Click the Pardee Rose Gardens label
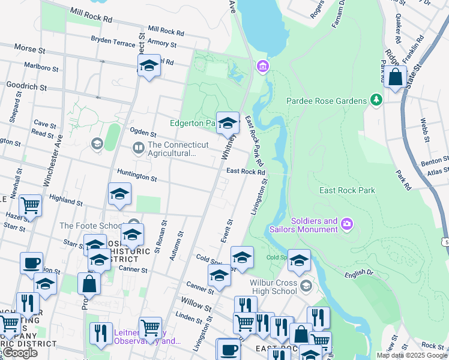coord(326,101)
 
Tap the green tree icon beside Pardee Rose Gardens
coord(376,100)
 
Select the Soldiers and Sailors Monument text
coord(314,226)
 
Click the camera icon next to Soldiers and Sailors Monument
coord(347,225)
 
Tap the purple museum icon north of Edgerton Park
coord(262,65)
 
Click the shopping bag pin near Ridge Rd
coord(396,77)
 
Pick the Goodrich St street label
coord(26,87)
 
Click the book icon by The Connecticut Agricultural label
coord(139,148)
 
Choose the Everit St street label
coord(226,230)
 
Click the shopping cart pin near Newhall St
coord(30,206)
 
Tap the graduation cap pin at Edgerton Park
coord(228,124)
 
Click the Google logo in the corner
coord(20,353)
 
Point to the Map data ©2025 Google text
coord(411,355)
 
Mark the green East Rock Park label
coord(347,190)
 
